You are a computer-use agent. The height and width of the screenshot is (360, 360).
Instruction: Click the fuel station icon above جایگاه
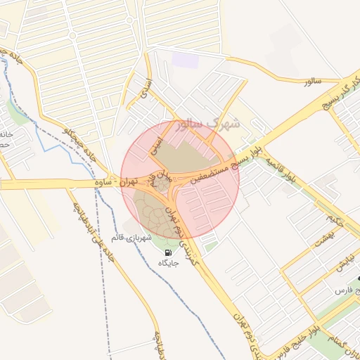[167, 253]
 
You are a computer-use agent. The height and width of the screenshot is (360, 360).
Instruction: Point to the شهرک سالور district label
[210, 124]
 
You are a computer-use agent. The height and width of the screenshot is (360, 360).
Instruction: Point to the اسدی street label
[146, 89]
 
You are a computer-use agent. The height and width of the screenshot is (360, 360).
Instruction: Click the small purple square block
[186, 60]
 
